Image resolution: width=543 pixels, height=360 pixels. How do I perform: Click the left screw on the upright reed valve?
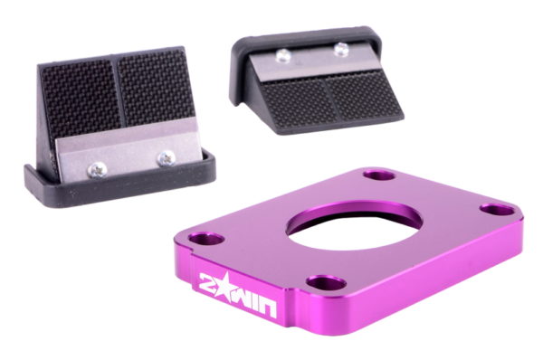click(x=98, y=170)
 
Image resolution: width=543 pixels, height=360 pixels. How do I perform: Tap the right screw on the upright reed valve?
click(x=166, y=158)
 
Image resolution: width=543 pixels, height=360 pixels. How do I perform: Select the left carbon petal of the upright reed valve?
click(x=81, y=100)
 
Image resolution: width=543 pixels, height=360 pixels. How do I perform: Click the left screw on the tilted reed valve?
click(x=283, y=56)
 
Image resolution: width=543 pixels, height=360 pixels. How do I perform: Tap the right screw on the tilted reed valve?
click(x=341, y=48)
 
